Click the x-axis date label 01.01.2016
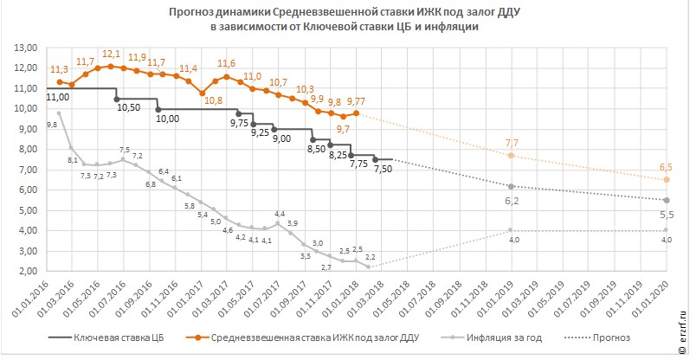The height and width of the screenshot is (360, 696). pos(36,299)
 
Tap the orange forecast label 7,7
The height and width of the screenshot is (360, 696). pos(512,143)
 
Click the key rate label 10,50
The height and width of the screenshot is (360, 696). pos(128,107)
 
